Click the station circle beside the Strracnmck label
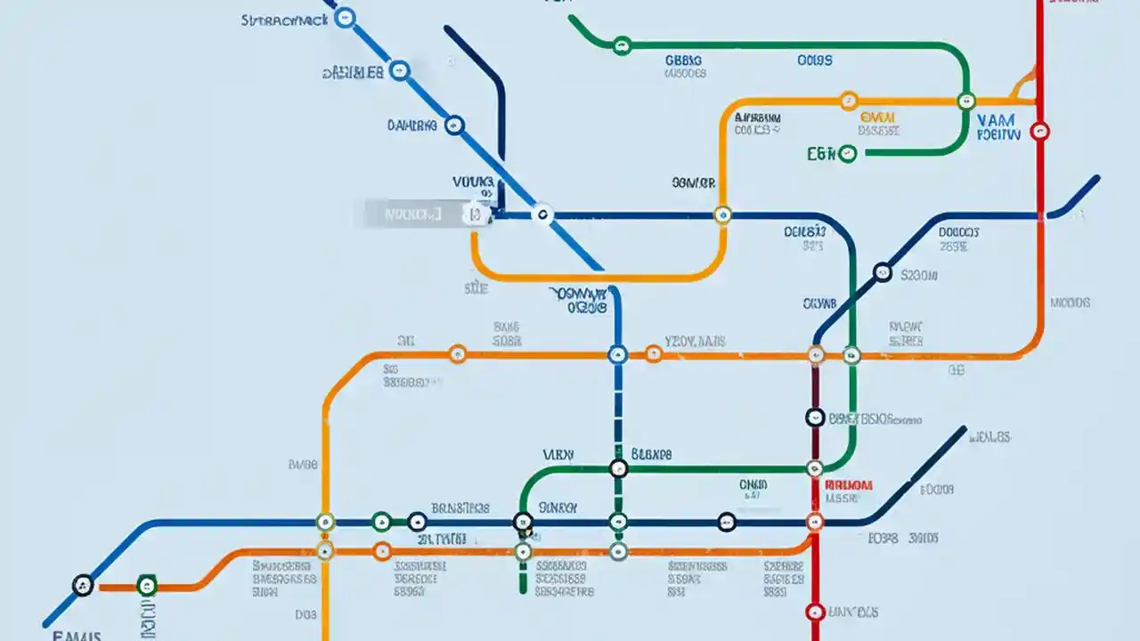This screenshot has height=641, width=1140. (x=346, y=17)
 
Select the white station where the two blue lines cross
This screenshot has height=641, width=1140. (x=541, y=214)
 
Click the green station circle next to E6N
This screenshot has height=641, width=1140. (x=847, y=153)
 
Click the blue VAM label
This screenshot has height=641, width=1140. (x=997, y=119)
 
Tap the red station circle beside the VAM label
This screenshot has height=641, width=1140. (x=1039, y=132)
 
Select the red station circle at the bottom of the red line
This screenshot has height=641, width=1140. (x=814, y=612)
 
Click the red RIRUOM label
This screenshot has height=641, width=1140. (x=849, y=485)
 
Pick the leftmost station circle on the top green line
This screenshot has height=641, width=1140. (x=622, y=45)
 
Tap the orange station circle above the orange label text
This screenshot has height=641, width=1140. (x=848, y=101)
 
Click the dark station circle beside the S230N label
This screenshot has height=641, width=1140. (x=882, y=272)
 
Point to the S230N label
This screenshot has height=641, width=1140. (x=919, y=276)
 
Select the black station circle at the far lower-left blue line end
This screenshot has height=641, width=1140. (x=82, y=585)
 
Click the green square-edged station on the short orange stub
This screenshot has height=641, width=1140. (x=147, y=585)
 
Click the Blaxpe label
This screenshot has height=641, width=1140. (x=651, y=454)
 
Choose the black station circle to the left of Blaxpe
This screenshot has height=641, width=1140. (x=618, y=468)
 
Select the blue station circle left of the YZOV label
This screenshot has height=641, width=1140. (x=617, y=354)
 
